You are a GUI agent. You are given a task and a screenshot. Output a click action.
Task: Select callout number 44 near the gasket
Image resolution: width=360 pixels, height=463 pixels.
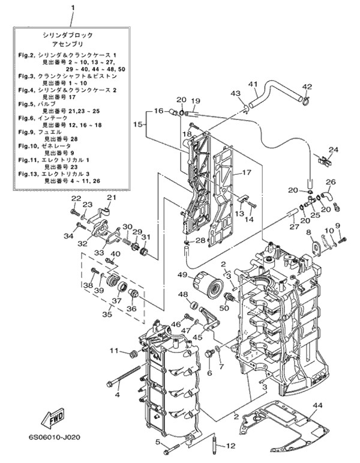[317, 405]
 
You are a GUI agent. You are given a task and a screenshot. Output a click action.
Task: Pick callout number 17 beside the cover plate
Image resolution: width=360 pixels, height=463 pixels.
[245, 172]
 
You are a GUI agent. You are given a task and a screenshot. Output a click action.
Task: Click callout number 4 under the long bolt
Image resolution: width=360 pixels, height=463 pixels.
[118, 395]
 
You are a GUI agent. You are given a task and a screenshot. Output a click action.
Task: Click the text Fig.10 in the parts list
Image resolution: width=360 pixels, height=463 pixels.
[27, 145]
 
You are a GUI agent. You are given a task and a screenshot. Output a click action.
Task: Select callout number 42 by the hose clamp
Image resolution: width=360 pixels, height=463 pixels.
[307, 86]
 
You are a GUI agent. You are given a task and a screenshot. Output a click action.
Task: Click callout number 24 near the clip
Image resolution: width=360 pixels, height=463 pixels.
[334, 150]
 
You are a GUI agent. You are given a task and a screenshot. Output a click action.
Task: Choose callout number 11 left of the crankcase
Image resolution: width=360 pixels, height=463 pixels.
[115, 351]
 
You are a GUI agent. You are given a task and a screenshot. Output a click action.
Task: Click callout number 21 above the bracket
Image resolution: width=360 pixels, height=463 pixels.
[111, 198]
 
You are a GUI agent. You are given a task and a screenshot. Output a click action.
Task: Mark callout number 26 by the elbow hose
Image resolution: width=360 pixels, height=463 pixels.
[329, 182]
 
